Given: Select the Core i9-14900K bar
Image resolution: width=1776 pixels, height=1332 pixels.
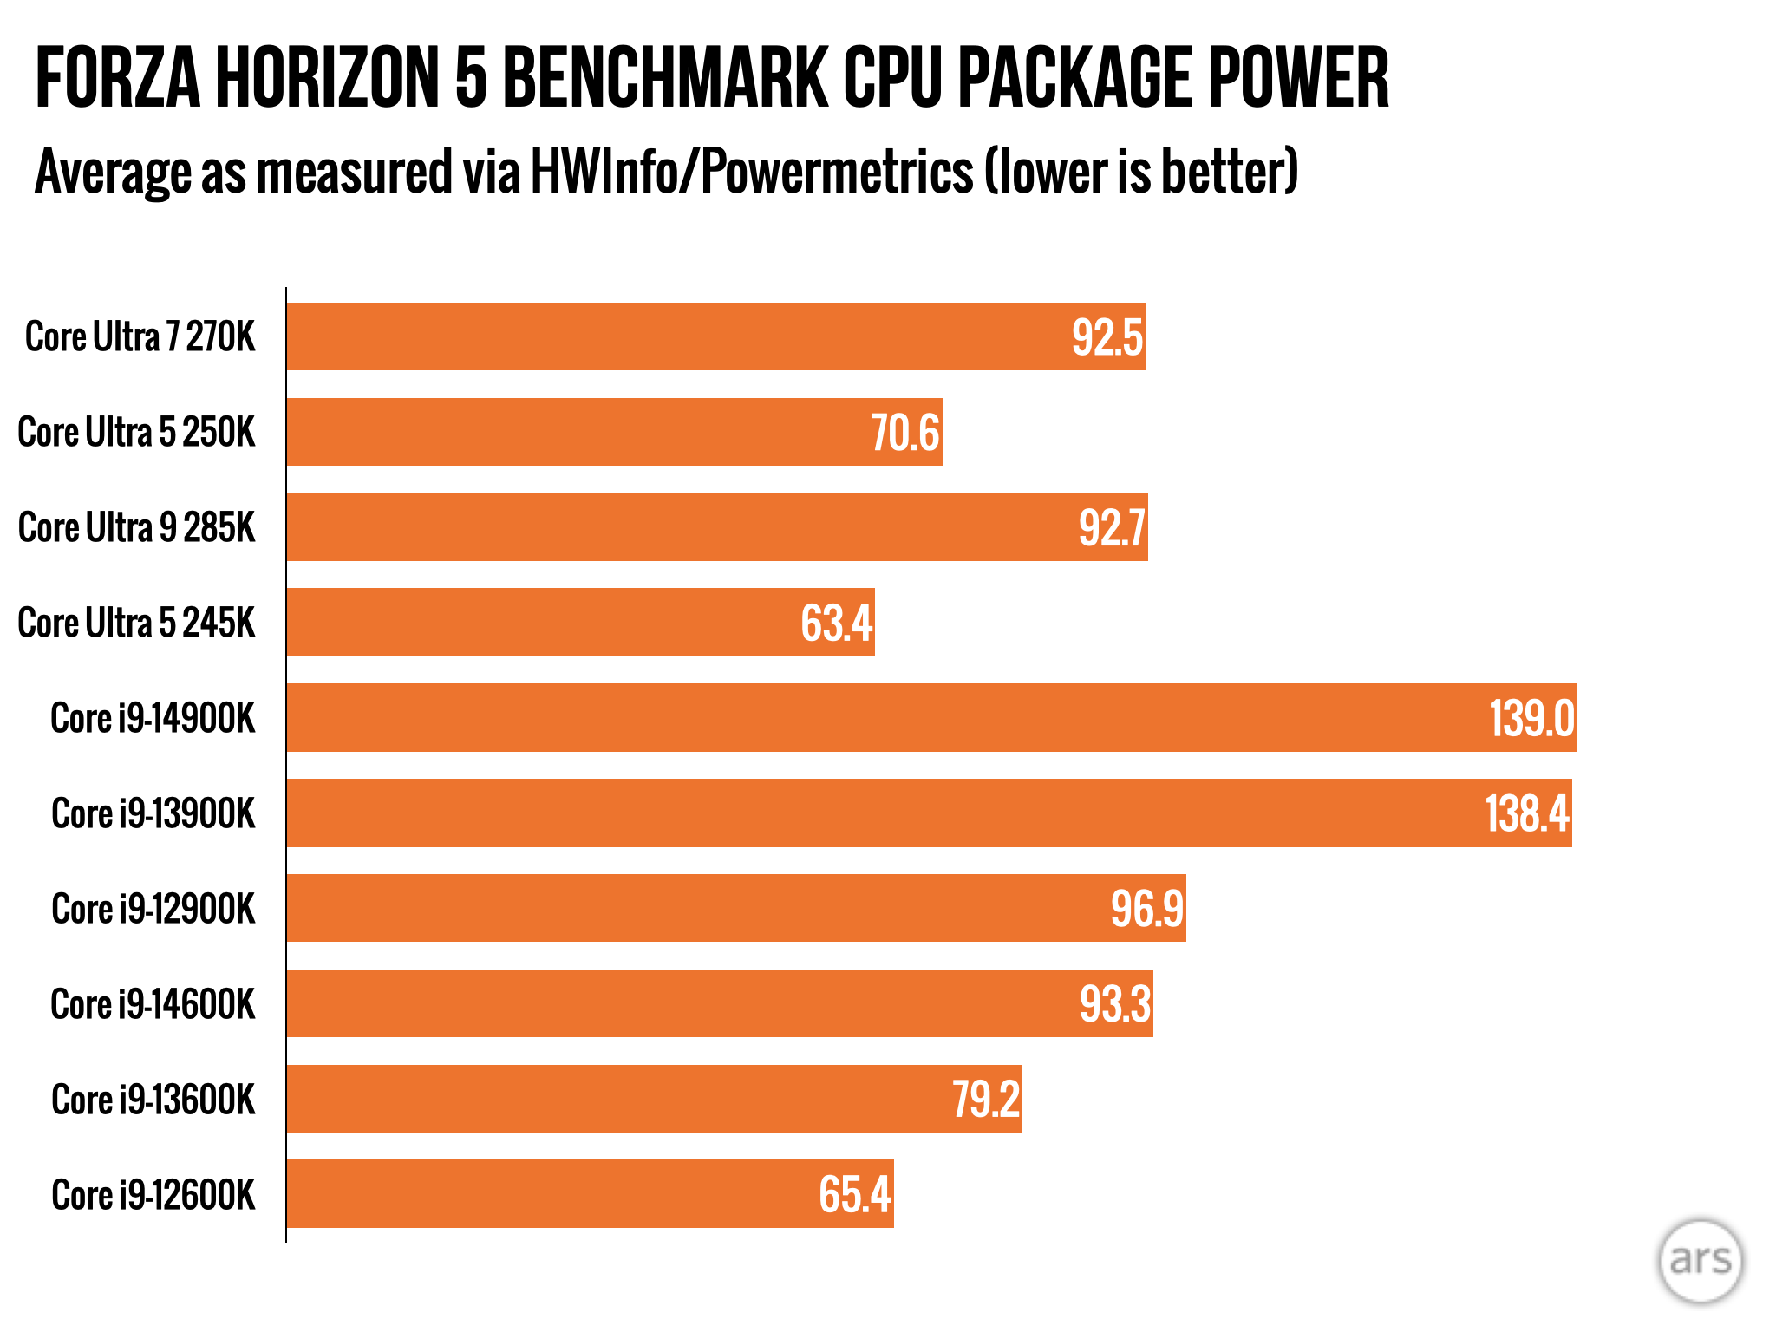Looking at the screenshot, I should click(x=867, y=717).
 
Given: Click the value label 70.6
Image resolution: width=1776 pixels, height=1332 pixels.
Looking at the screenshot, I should click(x=904, y=433).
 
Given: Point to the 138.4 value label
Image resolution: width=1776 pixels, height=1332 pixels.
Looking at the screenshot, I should click(x=1526, y=813).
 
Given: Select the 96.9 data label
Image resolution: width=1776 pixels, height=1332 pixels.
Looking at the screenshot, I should click(x=1146, y=909).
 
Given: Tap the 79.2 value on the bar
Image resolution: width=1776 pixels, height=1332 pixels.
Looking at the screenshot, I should click(x=986, y=1099).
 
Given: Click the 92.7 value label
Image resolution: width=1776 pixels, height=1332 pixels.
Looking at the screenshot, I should click(x=1112, y=527).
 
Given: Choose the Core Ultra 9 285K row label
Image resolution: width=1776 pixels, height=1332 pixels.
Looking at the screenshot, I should click(x=137, y=527).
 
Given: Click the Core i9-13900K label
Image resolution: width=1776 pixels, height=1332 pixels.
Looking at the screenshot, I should click(x=153, y=813).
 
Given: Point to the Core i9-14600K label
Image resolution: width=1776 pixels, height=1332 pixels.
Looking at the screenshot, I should click(x=153, y=1004).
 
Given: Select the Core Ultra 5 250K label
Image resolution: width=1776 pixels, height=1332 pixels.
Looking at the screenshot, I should click(x=137, y=432).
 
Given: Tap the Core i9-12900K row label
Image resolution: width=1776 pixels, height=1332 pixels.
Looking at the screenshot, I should click(x=153, y=909).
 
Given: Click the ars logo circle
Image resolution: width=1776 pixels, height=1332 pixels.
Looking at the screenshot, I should click(x=1700, y=1260).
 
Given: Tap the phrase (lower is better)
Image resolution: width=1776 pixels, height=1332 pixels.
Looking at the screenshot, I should click(x=1141, y=171).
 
